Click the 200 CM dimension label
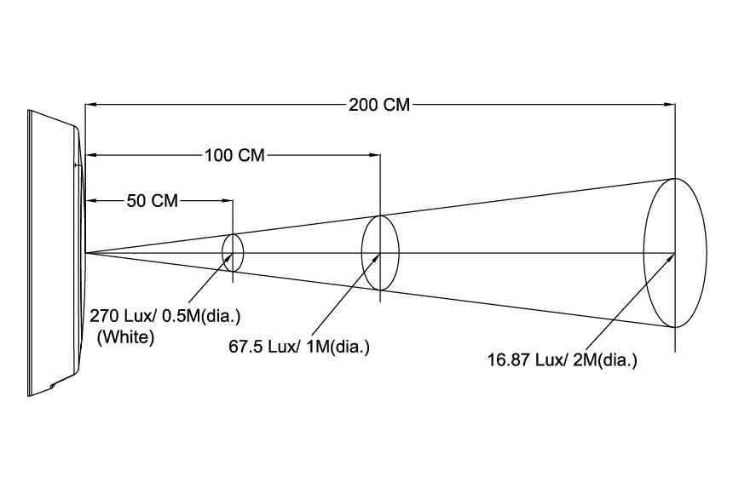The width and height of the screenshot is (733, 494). pyautogui.click(x=379, y=105)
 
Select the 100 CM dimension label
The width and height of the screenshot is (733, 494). pyautogui.click(x=234, y=155)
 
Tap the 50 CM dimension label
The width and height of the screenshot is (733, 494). pyautogui.click(x=153, y=200)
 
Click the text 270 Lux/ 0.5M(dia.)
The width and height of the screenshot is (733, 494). pyautogui.click(x=165, y=316)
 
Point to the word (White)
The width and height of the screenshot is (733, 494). pyautogui.click(x=125, y=337)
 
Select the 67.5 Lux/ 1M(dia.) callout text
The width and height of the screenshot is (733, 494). pyautogui.click(x=299, y=347)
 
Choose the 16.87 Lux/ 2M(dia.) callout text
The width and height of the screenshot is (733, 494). pyautogui.click(x=563, y=360)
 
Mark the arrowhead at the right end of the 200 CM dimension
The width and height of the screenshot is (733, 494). pyautogui.click(x=670, y=105)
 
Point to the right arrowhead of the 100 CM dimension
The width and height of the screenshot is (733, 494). pyautogui.click(x=374, y=155)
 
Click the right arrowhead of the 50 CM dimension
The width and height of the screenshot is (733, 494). pyautogui.click(x=228, y=200)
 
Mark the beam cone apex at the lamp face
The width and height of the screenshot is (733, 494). pyautogui.click(x=86, y=253)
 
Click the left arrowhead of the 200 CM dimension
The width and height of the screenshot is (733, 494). pyautogui.click(x=90, y=105)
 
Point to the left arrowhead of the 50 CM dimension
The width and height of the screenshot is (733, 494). pyautogui.click(x=90, y=200)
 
